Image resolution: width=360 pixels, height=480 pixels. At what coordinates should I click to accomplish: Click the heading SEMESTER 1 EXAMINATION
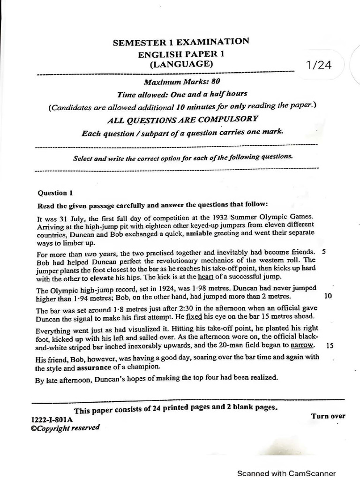pos(180,43)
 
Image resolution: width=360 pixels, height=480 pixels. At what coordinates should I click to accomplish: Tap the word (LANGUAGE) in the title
pos(181,64)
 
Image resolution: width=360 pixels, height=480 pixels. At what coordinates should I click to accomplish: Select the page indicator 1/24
pos(318,65)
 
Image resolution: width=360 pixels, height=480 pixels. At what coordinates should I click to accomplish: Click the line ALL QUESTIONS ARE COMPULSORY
pos(183,119)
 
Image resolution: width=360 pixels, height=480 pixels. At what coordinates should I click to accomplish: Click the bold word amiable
pos(201,233)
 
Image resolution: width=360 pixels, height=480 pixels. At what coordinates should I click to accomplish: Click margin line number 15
pos(329,345)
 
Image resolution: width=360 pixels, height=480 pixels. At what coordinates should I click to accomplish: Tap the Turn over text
pos(328,416)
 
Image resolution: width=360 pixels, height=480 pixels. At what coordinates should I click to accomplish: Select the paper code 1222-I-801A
pos(52,420)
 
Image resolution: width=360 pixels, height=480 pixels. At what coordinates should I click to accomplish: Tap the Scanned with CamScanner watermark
pos(286,473)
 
